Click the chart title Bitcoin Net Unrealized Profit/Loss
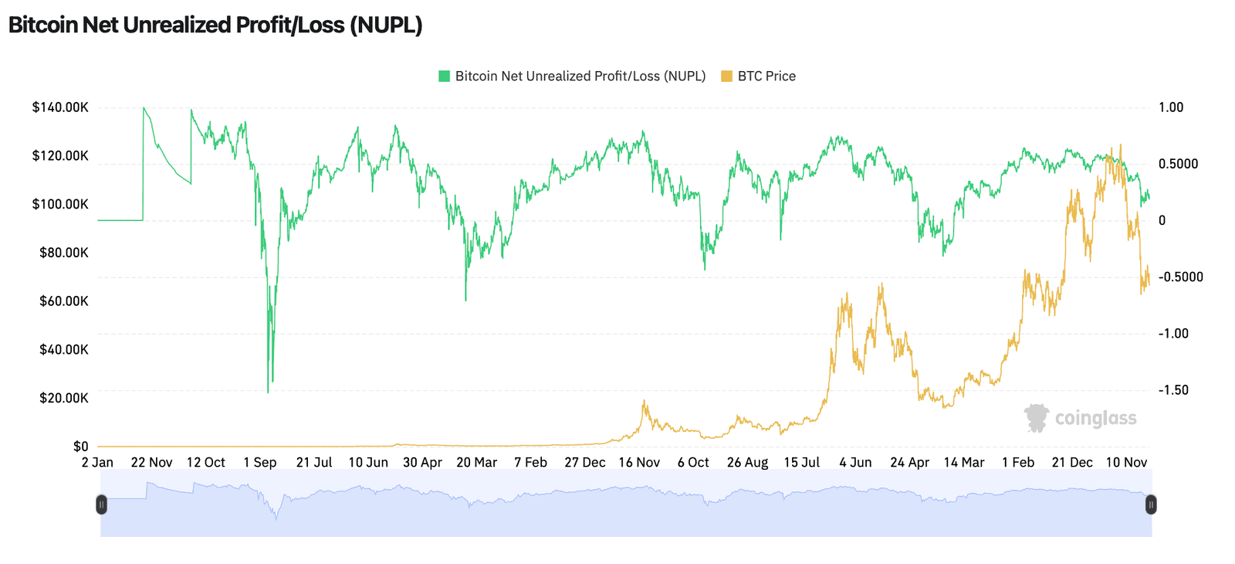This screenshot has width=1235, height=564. [215, 25]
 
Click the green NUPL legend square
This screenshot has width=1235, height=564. [444, 76]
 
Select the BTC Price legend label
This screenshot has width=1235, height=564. [766, 76]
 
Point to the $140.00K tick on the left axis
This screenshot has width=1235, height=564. [60, 107]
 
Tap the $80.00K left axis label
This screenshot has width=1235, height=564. [64, 253]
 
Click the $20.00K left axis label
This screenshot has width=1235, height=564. [64, 398]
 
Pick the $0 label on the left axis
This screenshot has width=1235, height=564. [81, 446]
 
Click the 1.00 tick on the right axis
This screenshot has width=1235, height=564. [1171, 107]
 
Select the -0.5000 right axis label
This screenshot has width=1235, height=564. [1181, 277]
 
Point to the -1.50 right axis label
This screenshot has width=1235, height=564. [1174, 390]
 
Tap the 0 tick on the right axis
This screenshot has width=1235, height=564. [1162, 220]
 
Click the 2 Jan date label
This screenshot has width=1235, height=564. [97, 462]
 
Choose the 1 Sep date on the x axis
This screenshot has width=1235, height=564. [259, 462]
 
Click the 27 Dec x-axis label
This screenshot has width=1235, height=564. [584, 462]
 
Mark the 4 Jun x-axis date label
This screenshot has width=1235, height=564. [855, 462]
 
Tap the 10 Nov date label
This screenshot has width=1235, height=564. [1126, 462]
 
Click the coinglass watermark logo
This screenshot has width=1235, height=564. [1081, 418]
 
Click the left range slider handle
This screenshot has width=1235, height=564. [101, 505]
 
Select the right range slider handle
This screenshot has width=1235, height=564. [1151, 505]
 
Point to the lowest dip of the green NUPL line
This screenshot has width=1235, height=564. [268, 392]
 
